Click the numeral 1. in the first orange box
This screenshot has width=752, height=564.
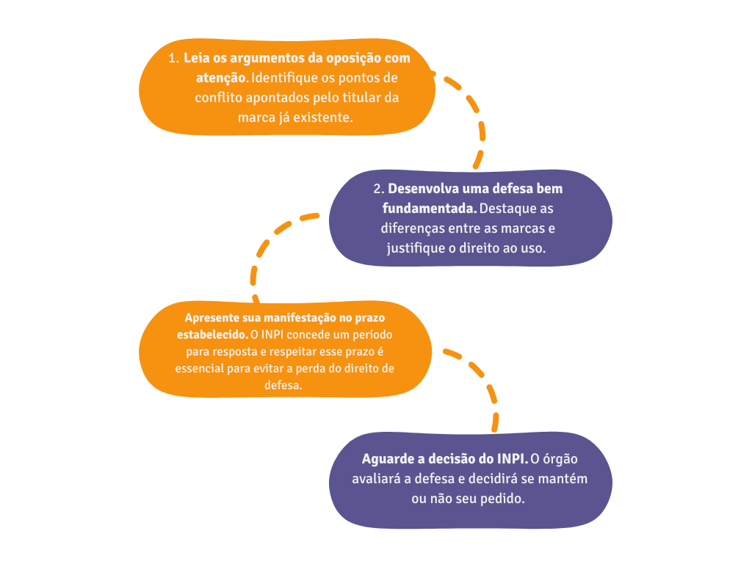[x=173, y=58]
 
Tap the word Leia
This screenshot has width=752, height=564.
[x=196, y=58]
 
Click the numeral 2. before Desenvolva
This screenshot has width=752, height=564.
[x=379, y=189]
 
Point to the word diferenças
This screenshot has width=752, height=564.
[x=420, y=228]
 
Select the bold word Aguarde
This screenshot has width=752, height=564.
[x=388, y=459]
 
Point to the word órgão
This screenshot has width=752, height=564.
[x=561, y=459]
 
